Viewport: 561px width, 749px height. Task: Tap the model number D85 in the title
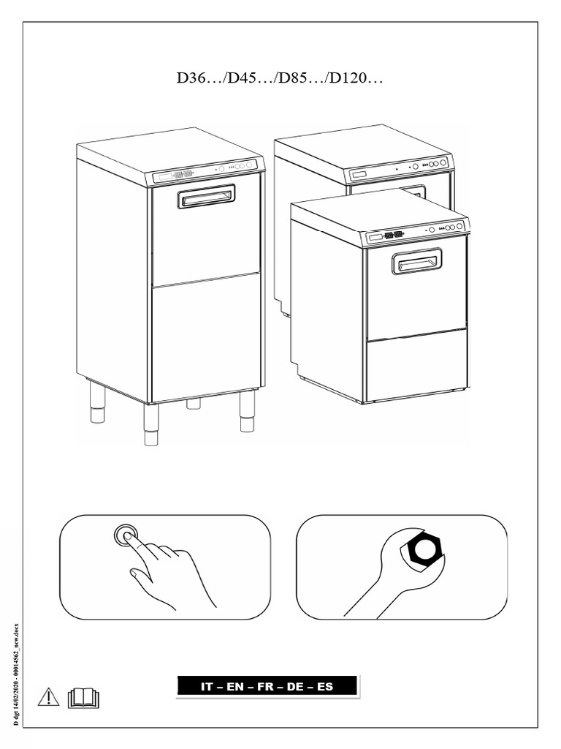point(291,78)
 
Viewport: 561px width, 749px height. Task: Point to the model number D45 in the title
point(240,78)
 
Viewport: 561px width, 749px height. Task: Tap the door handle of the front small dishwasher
point(416,261)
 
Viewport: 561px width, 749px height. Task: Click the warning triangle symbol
point(48,697)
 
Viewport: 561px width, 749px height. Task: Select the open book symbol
point(83,699)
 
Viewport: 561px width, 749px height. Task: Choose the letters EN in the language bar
point(235,687)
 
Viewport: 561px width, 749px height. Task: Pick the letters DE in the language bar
point(296,687)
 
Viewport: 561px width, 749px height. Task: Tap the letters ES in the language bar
point(325,687)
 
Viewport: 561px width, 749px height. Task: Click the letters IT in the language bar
point(207,687)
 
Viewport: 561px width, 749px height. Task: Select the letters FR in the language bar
point(265,687)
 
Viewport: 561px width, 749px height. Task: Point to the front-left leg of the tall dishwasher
point(151,425)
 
